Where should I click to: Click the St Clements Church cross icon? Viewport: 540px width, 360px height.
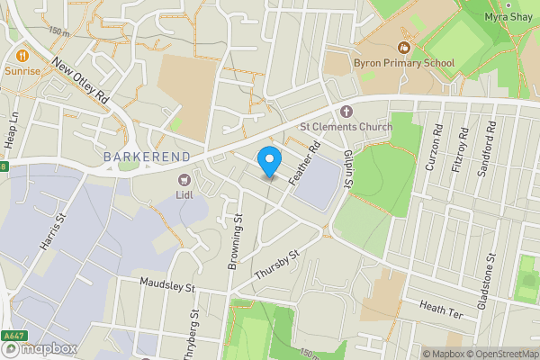pyautogui.click(x=346, y=111)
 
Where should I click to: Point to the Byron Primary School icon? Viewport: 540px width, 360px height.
pyautogui.click(x=404, y=48)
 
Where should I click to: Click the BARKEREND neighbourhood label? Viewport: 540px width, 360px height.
pyautogui.click(x=145, y=157)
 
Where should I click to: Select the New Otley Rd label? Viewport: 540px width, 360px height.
pyautogui.click(x=80, y=81)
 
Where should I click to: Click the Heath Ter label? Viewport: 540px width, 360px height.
pyautogui.click(x=440, y=308)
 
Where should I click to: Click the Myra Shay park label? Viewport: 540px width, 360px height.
pyautogui.click(x=508, y=17)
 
